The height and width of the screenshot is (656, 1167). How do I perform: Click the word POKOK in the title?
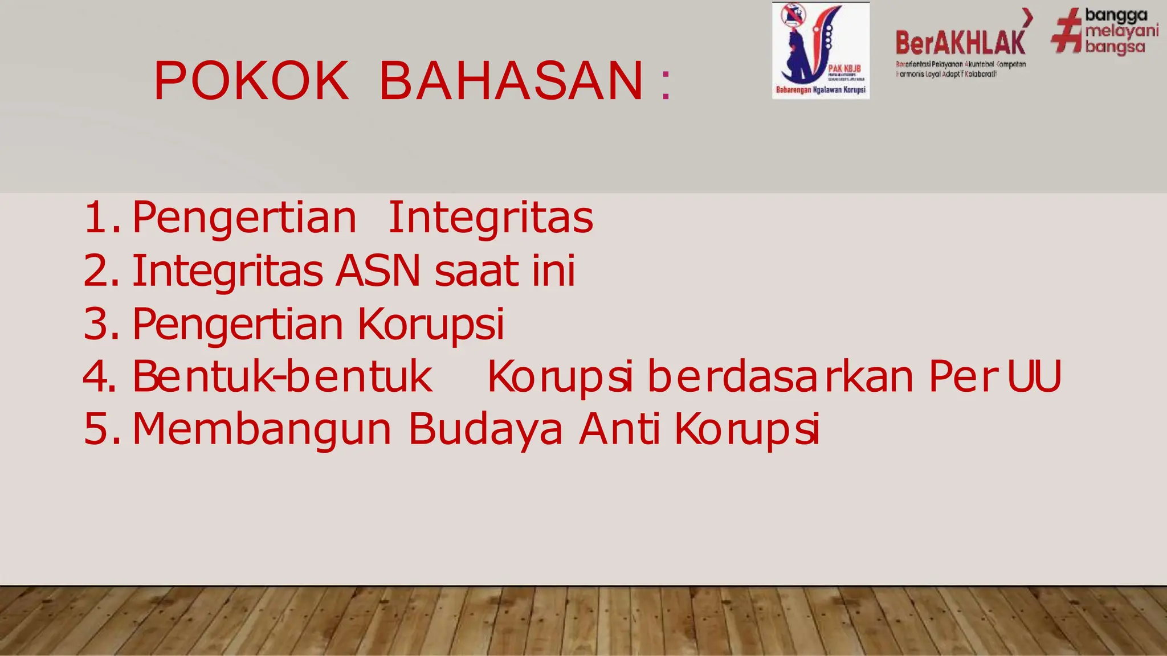click(251, 81)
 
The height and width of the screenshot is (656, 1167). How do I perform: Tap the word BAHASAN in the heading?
click(511, 81)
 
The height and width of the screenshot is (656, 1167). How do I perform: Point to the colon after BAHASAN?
click(666, 85)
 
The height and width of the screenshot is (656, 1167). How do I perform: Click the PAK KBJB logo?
click(821, 50)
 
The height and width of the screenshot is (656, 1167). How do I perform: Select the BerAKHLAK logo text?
click(960, 43)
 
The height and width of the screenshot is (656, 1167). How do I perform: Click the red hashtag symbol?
click(1066, 31)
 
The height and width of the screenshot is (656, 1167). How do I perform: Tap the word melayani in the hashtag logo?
click(1121, 31)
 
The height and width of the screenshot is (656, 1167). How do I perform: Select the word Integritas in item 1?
click(490, 218)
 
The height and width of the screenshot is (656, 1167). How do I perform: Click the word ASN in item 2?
click(378, 271)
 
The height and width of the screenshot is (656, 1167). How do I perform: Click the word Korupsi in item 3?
click(431, 324)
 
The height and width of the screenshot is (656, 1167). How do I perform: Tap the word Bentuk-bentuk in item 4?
click(283, 376)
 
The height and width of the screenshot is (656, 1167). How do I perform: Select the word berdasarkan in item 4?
click(781, 376)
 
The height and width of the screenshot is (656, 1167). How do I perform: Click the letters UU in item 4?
click(1034, 376)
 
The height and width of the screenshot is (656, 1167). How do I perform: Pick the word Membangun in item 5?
click(262, 429)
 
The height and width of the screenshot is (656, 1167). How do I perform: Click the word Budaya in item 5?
click(485, 429)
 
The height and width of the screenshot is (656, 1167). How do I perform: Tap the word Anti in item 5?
click(619, 429)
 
